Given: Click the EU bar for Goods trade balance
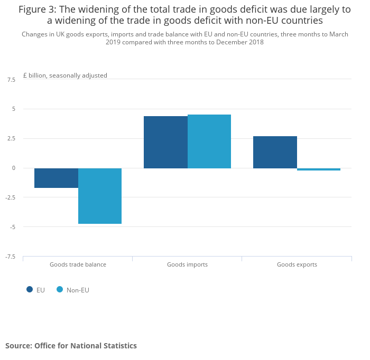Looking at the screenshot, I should coord(56,178).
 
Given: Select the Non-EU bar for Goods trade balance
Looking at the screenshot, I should coord(100,196).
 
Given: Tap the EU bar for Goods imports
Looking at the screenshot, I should coord(165,142).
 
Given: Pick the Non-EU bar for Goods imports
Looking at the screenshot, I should coord(209,141).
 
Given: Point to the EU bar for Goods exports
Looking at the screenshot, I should coord(275,152).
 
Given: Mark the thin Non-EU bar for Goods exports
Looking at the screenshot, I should coord(319,169).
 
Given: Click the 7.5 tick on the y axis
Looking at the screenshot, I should coord(11,80).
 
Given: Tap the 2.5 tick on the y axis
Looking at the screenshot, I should coord(11,139).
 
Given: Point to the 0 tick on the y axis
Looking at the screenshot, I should coord(14,168).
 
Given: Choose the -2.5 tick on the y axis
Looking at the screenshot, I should coord(11,197).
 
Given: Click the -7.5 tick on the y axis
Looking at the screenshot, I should coord(11,257).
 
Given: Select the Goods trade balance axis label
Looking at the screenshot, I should coord(78,264).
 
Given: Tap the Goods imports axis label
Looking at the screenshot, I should coord(187,264).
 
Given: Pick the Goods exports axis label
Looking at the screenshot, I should coord(297,264).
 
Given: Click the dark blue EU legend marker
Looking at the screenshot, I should coord(30,289).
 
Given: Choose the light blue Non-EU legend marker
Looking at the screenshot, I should coord(60,289).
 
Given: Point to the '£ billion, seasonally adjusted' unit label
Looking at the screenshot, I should coord(65,75).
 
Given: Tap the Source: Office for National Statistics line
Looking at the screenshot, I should coord(71,346).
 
